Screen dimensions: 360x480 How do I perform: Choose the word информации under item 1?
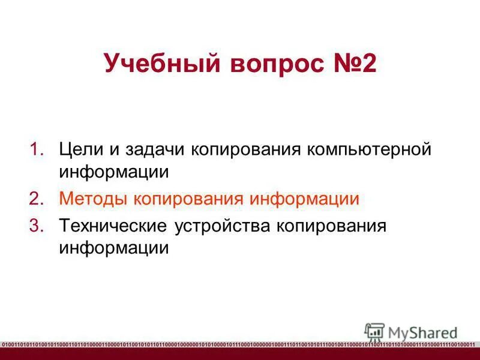[113, 172]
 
